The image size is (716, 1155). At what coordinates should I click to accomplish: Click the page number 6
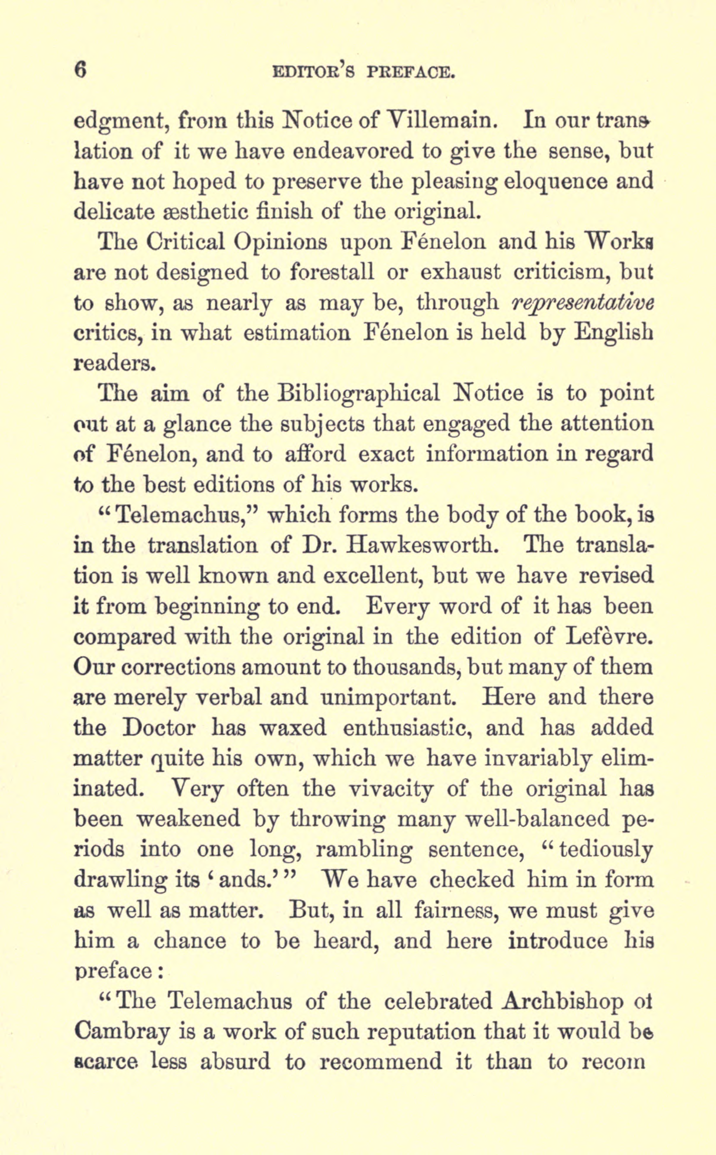[x=81, y=70]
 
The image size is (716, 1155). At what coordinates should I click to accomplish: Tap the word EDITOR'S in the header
[x=313, y=72]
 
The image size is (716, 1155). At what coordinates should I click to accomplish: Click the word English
[x=614, y=333]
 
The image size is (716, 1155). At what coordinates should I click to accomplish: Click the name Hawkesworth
[x=422, y=546]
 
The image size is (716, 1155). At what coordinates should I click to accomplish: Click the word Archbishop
[x=562, y=1001]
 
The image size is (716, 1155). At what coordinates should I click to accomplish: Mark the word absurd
[x=235, y=1061]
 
